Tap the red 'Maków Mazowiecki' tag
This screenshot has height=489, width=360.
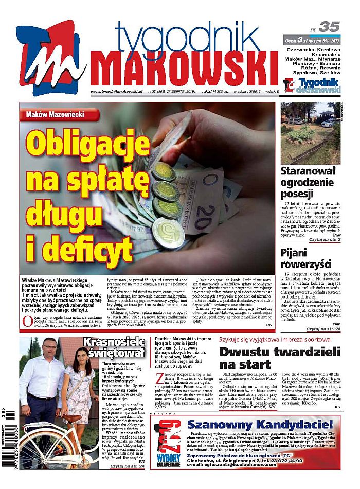point(55,114)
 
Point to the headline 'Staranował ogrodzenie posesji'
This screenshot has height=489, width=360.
point(310,182)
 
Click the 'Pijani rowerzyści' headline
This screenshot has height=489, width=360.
point(306,258)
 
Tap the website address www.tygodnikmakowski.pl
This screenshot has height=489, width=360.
point(118,92)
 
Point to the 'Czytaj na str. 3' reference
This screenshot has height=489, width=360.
point(324,240)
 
